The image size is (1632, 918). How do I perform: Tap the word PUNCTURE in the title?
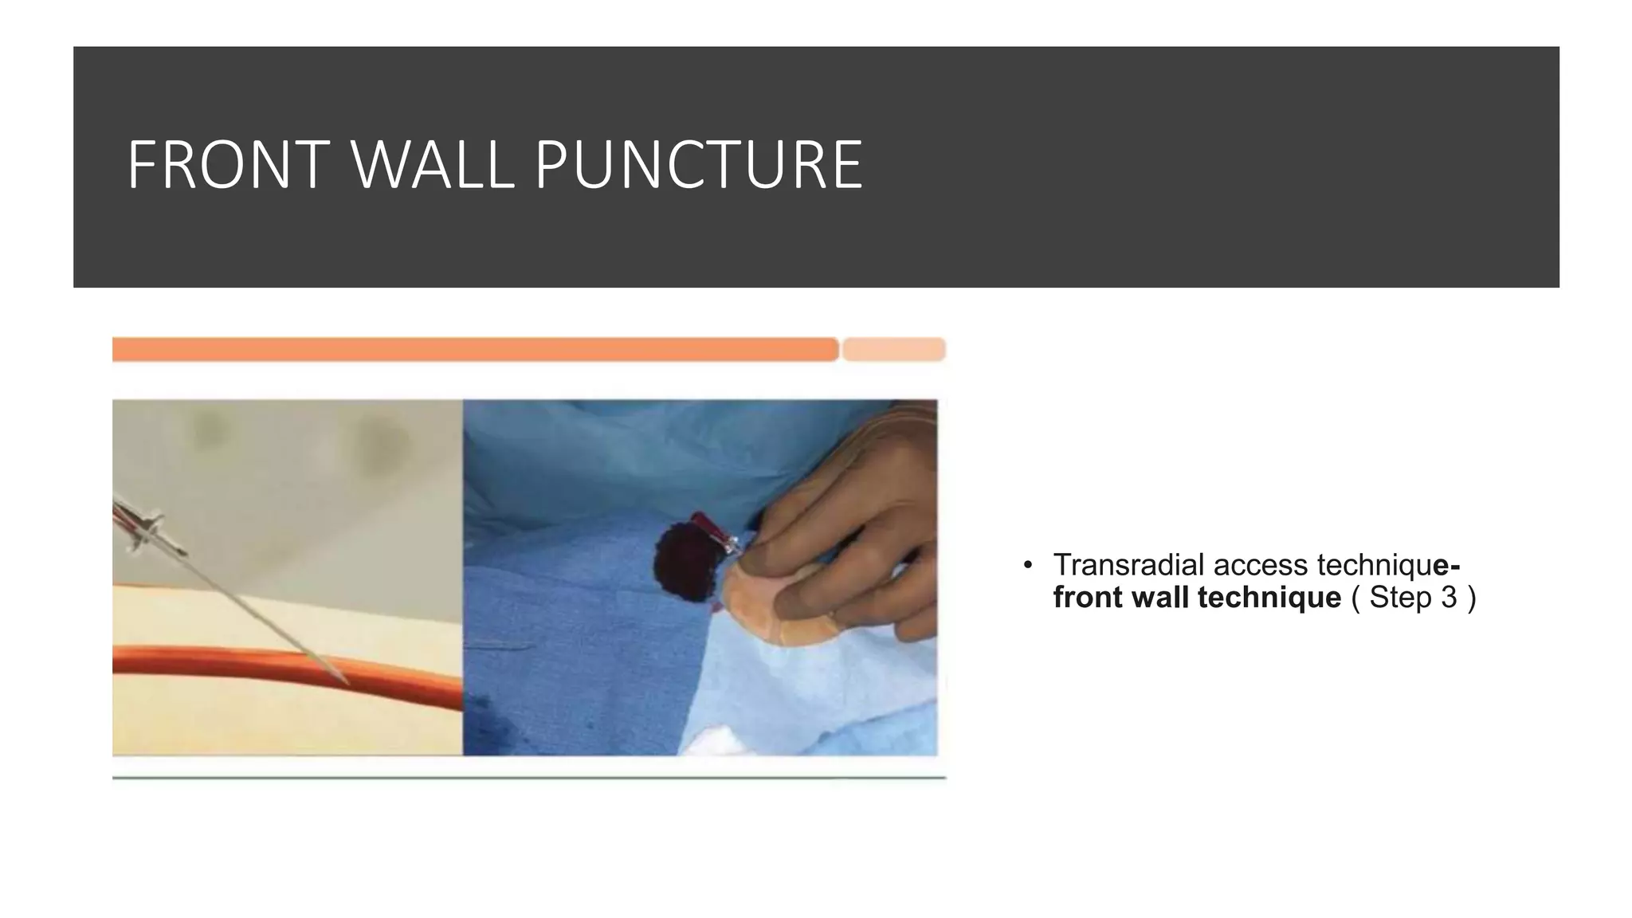pyautogui.click(x=699, y=165)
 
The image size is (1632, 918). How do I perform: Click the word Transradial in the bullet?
pyautogui.click(x=1129, y=565)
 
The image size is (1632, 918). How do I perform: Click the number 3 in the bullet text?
pyautogui.click(x=1448, y=597)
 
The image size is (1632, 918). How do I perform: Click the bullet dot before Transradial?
pyautogui.click(x=1028, y=566)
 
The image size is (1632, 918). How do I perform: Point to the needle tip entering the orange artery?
pyautogui.click(x=344, y=680)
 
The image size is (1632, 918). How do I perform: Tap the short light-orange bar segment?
pyautogui.click(x=893, y=349)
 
